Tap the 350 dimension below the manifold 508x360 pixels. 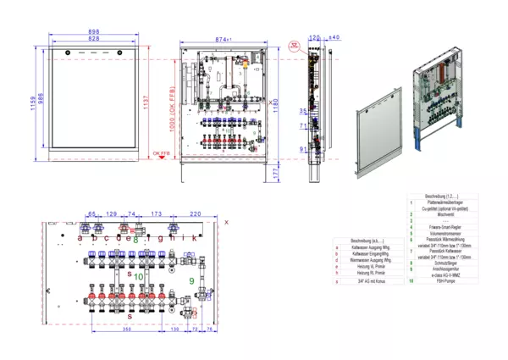click(125, 329)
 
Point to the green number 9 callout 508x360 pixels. click(191, 280)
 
